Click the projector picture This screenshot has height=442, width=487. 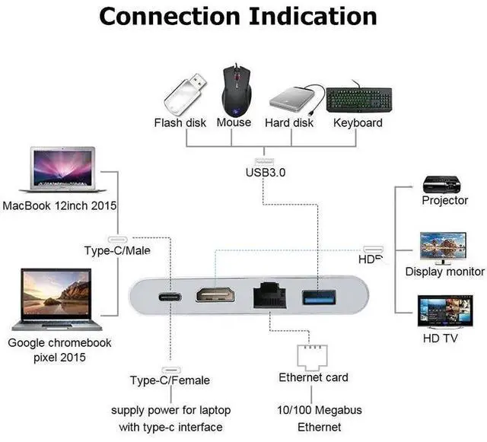(444, 184)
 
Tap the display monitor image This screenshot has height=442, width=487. (444, 247)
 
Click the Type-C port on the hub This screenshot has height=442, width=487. (167, 294)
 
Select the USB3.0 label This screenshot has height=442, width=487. (266, 172)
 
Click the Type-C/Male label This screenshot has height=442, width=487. (117, 250)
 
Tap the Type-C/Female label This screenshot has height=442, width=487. (170, 380)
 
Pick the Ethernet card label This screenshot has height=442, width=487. (314, 377)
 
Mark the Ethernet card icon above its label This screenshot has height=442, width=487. (313, 355)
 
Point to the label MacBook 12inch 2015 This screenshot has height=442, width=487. (60, 205)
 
